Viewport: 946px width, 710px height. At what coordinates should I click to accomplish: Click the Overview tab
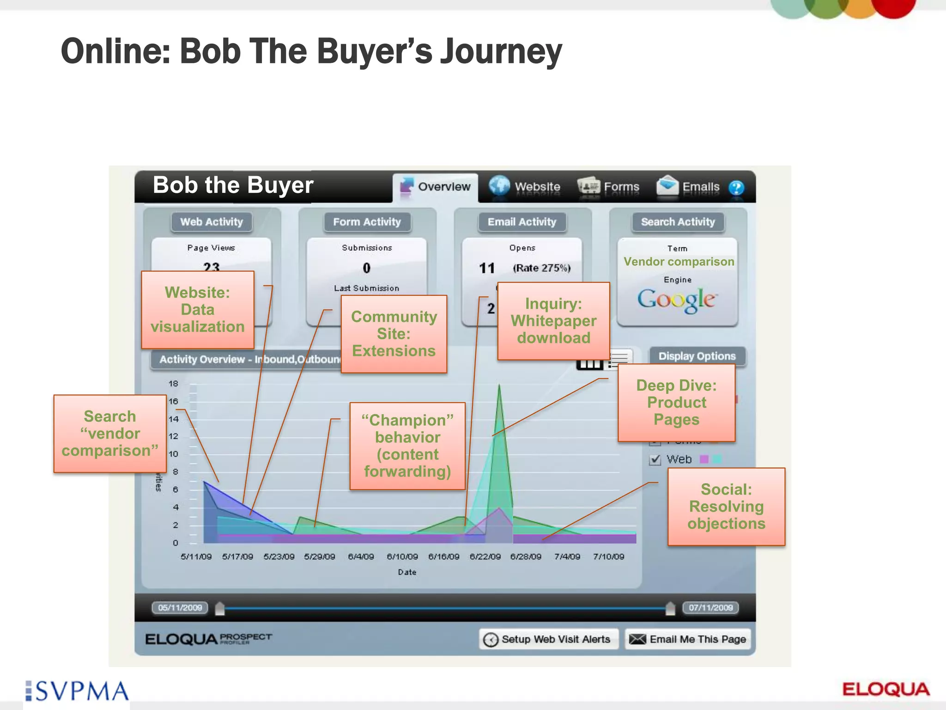pos(436,187)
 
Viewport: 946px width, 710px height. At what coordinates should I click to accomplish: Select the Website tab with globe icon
pos(525,187)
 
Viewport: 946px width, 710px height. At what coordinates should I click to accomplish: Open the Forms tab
pos(609,187)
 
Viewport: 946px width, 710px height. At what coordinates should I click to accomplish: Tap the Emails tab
pos(688,187)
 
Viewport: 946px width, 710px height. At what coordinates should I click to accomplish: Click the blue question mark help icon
pos(736,188)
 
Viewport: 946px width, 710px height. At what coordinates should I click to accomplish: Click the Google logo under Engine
pos(677,300)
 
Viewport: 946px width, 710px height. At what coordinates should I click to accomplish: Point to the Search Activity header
pos(678,222)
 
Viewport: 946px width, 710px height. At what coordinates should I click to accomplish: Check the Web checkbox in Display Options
pos(655,459)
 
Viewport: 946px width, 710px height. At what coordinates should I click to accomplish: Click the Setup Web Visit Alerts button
pos(549,639)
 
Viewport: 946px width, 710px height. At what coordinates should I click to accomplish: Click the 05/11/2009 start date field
pos(180,607)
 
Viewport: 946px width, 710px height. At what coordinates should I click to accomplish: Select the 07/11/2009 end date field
pos(710,607)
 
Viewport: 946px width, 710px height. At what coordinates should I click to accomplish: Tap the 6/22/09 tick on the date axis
pos(485,557)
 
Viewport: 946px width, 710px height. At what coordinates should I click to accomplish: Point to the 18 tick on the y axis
pos(173,384)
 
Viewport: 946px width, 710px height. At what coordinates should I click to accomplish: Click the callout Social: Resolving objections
pos(726,507)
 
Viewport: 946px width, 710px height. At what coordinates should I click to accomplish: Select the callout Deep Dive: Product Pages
pos(676,403)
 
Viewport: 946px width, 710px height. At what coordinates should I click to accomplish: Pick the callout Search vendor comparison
pos(110,434)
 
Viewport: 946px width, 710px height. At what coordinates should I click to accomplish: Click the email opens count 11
pos(487,268)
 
